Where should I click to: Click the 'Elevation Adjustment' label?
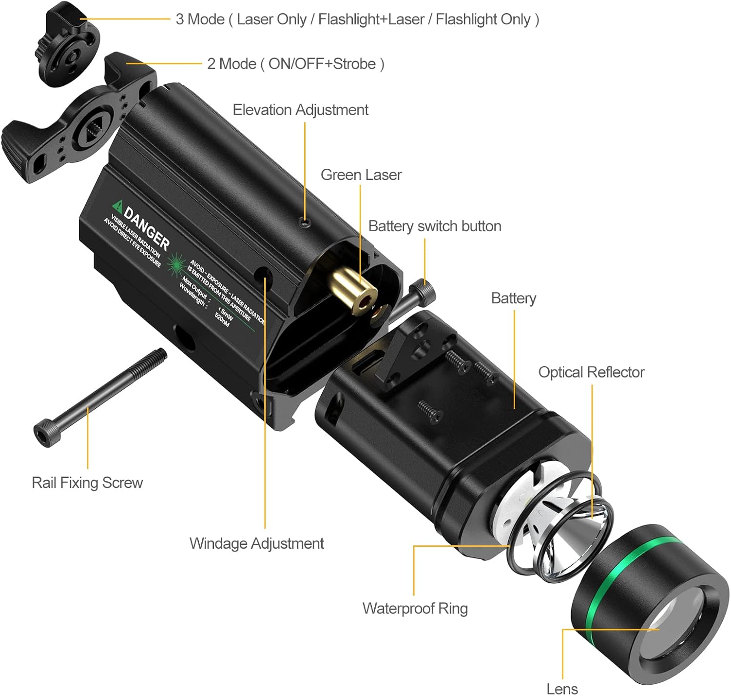click(x=300, y=110)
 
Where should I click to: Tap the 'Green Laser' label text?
click(x=361, y=175)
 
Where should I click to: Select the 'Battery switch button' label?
click(x=434, y=226)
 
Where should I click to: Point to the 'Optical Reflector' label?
click(x=591, y=372)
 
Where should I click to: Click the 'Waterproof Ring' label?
click(x=415, y=608)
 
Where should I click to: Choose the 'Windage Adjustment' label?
click(x=256, y=543)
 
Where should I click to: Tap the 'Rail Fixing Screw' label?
click(x=87, y=482)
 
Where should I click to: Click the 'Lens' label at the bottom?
click(x=562, y=688)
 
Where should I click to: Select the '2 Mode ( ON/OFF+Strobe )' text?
click(x=295, y=64)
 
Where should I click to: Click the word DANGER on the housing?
click(x=147, y=227)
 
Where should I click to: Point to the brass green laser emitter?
click(x=353, y=290)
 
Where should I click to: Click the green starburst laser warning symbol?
click(x=176, y=264)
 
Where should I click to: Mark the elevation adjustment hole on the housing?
click(x=305, y=223)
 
